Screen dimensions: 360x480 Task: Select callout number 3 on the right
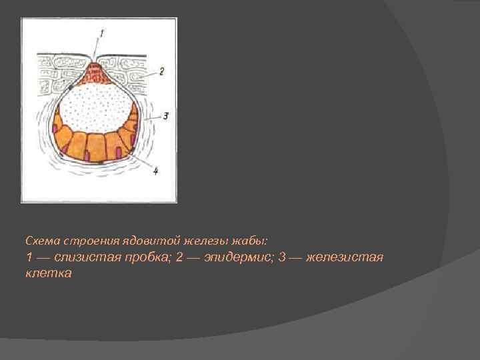pyautogui.click(x=165, y=115)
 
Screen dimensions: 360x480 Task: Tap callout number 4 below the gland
pyautogui.click(x=156, y=171)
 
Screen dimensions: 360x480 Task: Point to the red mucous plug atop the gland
pyautogui.click(x=98, y=73)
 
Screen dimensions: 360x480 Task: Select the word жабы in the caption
pyautogui.click(x=268, y=239)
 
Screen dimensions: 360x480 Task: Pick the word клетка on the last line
pyautogui.click(x=48, y=273)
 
